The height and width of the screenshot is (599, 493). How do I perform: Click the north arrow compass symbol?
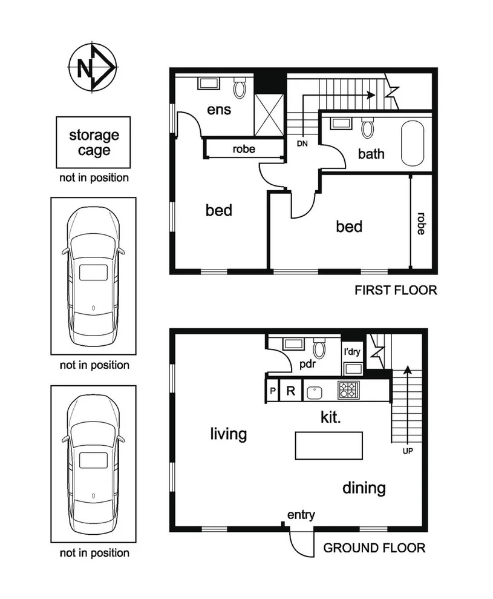click(x=92, y=68)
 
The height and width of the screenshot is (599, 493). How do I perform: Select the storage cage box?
click(x=93, y=142)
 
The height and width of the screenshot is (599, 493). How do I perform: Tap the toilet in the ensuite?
click(x=240, y=88)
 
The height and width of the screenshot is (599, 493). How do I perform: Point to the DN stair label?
click(x=302, y=144)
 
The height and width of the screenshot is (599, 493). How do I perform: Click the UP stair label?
click(x=407, y=451)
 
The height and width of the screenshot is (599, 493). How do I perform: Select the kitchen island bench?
click(x=328, y=446)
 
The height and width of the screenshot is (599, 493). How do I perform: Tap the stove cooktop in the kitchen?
click(x=348, y=390)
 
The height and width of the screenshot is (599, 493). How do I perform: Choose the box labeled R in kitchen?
click(x=290, y=391)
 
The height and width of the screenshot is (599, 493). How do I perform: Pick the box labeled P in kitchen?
click(x=273, y=391)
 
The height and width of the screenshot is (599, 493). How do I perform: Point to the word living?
click(x=229, y=434)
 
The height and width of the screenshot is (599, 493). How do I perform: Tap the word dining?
click(x=364, y=488)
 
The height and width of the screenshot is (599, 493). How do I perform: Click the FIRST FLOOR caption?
click(x=396, y=290)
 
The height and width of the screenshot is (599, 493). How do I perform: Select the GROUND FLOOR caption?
click(x=374, y=548)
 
